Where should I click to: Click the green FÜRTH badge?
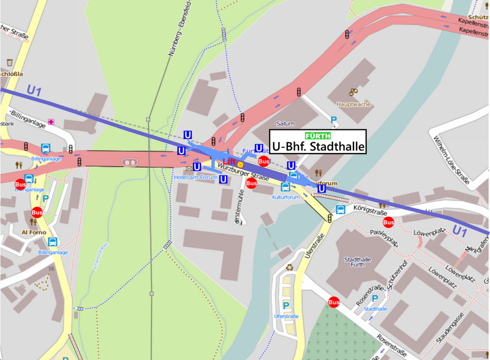[x=318, y=136]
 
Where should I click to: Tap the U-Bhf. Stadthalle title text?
[x=318, y=147]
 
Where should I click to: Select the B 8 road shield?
[x=129, y=162]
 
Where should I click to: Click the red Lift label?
[x=229, y=161]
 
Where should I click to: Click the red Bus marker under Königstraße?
[x=387, y=222]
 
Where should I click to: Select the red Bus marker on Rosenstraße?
[x=334, y=302]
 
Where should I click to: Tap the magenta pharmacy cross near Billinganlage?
[x=51, y=122]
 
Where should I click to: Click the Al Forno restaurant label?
[x=34, y=233]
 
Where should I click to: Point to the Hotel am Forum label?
[x=195, y=178]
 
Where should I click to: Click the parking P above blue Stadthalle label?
[x=375, y=298]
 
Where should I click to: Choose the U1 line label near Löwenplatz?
[x=461, y=230]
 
